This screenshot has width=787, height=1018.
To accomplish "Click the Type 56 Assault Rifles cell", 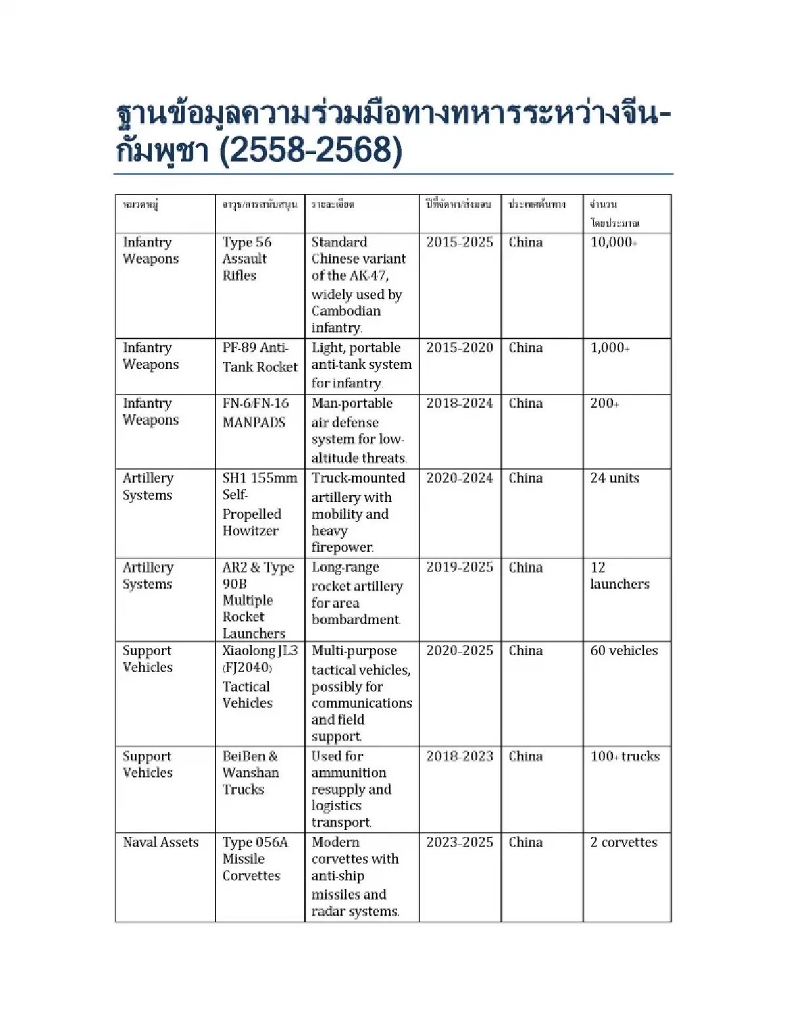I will (247, 259).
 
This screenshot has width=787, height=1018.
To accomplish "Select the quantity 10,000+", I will (613, 243).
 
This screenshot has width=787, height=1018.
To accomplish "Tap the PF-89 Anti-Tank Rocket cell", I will (260, 357).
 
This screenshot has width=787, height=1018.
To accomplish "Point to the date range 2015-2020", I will (459, 348).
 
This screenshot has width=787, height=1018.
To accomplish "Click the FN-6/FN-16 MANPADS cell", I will (255, 413).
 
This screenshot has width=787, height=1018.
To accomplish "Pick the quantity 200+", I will (604, 404).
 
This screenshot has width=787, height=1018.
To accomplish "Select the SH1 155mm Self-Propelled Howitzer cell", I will (259, 504).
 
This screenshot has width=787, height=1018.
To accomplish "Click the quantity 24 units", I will (614, 479).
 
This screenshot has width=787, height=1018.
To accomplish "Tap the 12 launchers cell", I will (619, 576).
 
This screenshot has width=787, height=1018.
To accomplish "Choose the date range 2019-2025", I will (459, 568).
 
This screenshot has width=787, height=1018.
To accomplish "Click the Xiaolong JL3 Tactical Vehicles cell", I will (259, 676).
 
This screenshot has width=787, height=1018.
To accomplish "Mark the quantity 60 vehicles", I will (623, 651).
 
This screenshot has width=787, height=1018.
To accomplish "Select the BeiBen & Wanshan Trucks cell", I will (250, 773).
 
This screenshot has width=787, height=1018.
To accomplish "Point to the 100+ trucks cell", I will (624, 756).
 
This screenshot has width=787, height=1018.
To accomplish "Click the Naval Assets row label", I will (161, 843).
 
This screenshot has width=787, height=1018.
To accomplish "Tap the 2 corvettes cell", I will (623, 843).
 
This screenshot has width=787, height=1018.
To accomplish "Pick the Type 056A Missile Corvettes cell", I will (254, 859).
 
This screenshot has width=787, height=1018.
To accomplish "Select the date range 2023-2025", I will (459, 843).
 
